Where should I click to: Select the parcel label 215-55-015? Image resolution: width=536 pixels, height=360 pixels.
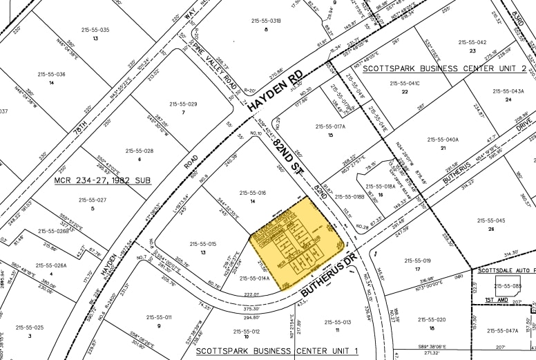coord(202,244)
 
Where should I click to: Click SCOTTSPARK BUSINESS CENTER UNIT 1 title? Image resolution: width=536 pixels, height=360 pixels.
coord(278,350)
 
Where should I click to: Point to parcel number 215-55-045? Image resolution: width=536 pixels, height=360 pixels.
coord(491,220)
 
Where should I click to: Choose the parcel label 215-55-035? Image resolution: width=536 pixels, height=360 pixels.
coord(95,30)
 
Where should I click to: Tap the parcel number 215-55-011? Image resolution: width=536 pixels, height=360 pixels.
coord(158,317)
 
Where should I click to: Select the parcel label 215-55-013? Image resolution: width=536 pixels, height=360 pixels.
coord(338,323)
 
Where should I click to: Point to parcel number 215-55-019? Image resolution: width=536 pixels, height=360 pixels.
coord(417,260)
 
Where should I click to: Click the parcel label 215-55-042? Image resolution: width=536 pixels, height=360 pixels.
coord(472,42)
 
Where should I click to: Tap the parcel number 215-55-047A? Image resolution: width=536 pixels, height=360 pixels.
coord(502,330)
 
